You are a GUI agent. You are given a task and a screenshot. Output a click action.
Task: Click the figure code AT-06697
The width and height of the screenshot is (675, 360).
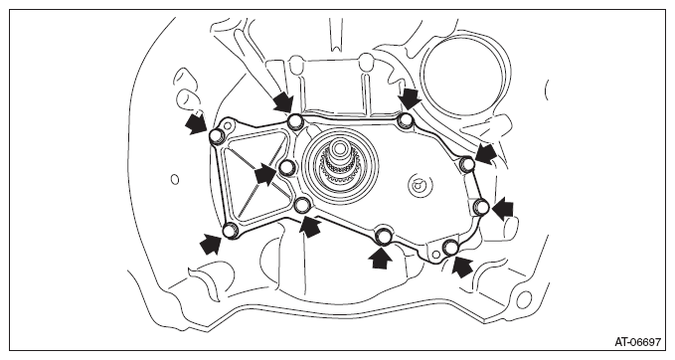(637, 342)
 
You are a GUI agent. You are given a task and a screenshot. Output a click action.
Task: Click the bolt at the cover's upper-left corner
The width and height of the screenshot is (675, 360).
(216, 136)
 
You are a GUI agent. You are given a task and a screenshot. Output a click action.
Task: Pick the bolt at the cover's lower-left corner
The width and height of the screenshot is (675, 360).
(231, 231)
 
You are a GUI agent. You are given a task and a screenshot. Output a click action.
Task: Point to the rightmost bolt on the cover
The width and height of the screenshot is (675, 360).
(481, 207)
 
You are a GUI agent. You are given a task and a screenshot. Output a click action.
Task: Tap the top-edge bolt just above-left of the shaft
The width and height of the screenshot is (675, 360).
(295, 121)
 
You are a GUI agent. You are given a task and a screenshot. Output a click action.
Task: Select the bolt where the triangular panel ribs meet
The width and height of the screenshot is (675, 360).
(286, 167)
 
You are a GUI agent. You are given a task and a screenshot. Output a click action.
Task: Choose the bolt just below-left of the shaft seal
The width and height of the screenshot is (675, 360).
(302, 205)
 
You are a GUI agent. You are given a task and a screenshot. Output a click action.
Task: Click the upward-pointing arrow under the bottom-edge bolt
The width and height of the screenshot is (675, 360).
(381, 258)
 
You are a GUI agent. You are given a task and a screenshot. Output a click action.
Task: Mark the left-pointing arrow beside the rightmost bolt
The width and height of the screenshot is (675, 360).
(503, 209)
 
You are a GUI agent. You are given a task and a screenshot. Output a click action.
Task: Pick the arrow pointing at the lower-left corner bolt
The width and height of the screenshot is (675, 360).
(211, 245)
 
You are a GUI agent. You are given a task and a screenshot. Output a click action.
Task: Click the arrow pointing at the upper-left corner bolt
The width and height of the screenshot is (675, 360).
(196, 122)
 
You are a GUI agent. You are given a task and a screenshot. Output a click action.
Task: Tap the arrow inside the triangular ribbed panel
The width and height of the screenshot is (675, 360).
(265, 174)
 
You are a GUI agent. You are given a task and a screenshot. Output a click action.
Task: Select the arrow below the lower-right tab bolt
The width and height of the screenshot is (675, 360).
(463, 266)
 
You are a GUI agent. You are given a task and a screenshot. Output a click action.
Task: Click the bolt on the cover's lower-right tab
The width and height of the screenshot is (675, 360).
(450, 248)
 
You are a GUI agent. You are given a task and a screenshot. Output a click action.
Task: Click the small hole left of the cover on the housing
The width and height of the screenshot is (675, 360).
(175, 179)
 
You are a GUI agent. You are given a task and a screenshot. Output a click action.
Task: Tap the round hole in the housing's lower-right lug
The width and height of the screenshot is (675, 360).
(524, 299)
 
